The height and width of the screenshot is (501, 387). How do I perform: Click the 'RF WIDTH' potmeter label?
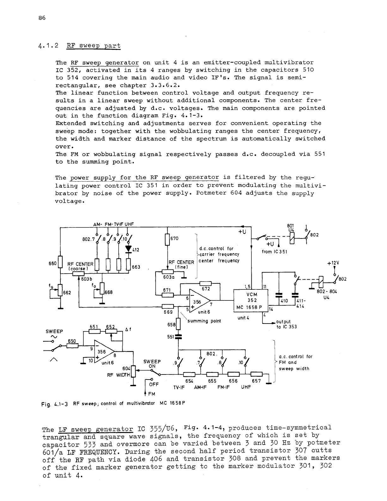click(x=119, y=375)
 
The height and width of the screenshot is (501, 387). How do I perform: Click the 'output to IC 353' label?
click(x=286, y=324)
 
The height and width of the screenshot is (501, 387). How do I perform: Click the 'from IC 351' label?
click(x=274, y=252)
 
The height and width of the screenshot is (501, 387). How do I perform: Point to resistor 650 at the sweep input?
click(x=72, y=346)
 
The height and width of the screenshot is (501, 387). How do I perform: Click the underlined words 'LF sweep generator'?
click(x=95, y=429)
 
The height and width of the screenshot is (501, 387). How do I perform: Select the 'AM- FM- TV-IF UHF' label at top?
click(x=114, y=224)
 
